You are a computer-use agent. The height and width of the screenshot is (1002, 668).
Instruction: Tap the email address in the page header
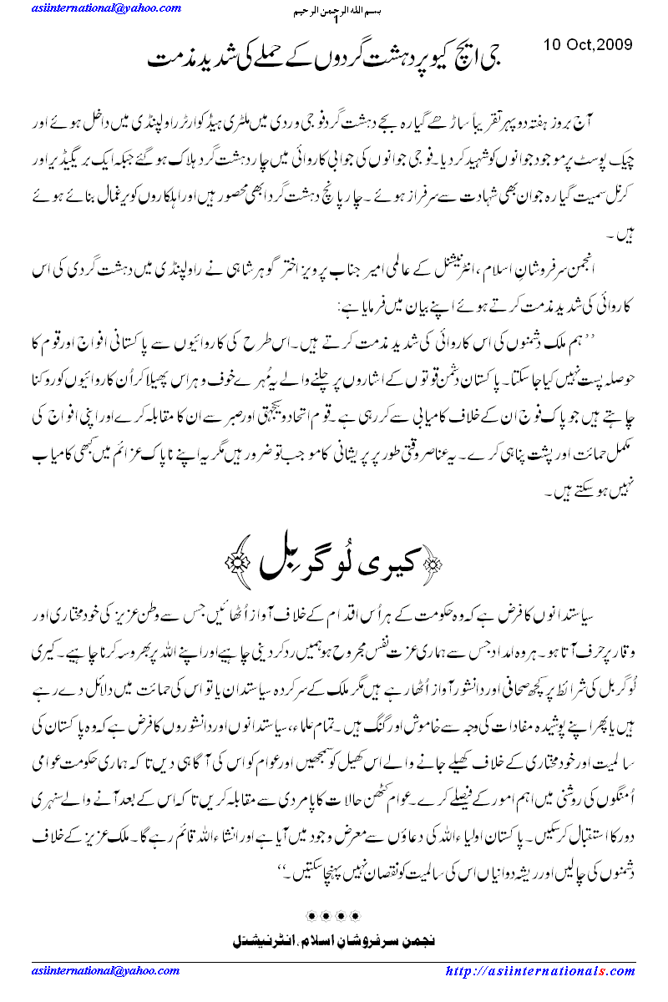(x=105, y=8)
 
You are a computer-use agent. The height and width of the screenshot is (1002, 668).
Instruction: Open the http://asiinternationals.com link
(x=539, y=971)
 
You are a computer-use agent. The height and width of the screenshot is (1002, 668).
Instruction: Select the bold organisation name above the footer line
(x=333, y=941)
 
